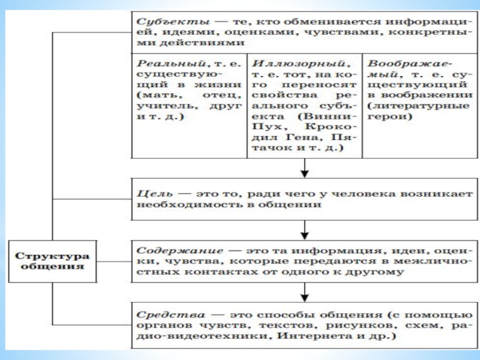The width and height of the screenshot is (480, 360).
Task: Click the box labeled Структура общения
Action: [x=52, y=262]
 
